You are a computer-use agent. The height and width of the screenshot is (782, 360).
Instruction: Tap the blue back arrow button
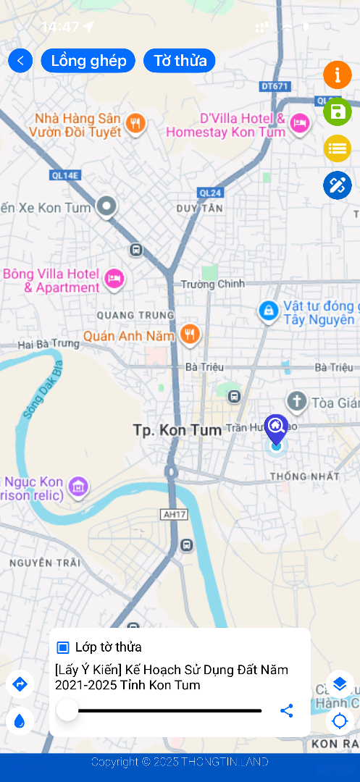point(20,61)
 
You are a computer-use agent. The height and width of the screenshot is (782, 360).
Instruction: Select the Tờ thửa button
point(180,61)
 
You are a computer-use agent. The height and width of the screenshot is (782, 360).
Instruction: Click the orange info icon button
point(337,75)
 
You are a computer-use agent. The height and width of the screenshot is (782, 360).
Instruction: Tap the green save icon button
point(337,112)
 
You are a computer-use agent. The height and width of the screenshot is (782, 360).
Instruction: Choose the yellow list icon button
point(337,148)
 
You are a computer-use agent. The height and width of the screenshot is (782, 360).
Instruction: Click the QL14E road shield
point(65,175)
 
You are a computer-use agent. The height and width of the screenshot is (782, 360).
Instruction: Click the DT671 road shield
point(275,85)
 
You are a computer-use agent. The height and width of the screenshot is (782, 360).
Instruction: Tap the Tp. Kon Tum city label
point(177,430)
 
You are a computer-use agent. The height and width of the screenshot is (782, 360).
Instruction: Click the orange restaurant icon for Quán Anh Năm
point(191,335)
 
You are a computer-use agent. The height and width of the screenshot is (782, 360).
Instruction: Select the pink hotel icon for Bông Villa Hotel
point(114,279)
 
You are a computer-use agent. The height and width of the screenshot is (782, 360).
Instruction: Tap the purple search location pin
point(276,428)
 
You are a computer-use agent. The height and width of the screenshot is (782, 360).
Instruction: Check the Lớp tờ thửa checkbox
point(63,647)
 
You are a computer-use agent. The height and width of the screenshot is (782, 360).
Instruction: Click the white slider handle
point(67,710)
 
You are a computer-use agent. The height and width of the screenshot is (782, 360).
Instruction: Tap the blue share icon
point(287,711)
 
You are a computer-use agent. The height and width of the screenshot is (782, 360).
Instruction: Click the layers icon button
point(339,684)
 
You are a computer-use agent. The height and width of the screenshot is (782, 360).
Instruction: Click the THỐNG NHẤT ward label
point(304,476)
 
